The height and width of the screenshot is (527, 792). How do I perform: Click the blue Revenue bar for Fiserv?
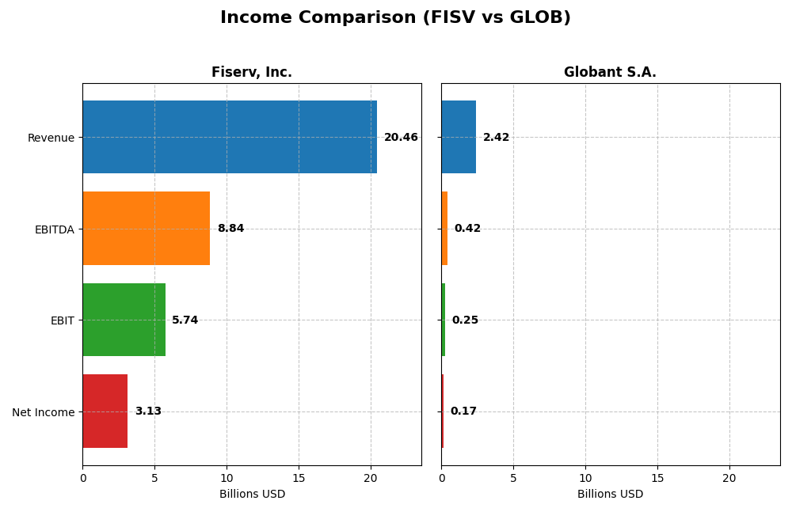[x=230, y=137]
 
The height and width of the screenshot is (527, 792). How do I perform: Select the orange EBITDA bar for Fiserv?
[x=147, y=228]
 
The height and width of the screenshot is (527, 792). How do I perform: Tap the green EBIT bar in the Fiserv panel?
[x=124, y=320]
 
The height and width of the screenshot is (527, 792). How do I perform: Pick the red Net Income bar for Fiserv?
[x=105, y=411]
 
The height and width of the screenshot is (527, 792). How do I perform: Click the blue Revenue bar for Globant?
[x=459, y=137]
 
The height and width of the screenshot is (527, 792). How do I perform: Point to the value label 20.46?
[x=401, y=138]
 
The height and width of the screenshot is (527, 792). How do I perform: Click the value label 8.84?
[x=230, y=229]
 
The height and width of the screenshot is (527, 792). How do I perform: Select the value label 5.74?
[x=185, y=320]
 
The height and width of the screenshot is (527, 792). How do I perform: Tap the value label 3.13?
[x=148, y=411]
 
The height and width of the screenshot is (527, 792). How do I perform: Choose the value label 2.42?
[x=496, y=138]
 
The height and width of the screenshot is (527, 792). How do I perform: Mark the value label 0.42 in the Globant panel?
[x=467, y=229]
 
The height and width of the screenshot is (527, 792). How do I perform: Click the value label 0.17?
[x=463, y=411]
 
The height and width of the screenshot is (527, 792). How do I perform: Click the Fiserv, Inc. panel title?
[x=252, y=73]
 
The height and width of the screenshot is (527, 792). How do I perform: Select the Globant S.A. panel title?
[x=610, y=73]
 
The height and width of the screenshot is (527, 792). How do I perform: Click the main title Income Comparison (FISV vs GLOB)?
[x=395, y=18]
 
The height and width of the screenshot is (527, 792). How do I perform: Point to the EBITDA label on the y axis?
[x=54, y=229]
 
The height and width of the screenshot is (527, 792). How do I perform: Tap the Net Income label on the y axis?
[x=43, y=412]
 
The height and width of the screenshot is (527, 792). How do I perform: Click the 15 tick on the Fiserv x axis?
[x=299, y=478]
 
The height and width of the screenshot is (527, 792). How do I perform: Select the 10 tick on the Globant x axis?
[x=585, y=478]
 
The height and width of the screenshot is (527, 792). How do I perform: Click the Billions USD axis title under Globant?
[x=610, y=495]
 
